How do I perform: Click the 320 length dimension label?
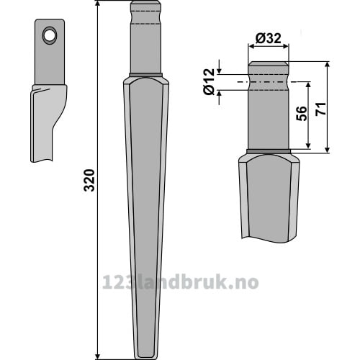pyautogui.click(x=89, y=180)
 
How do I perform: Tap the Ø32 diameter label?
pyautogui.click(x=268, y=38)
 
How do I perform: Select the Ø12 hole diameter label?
pyautogui.click(x=209, y=81)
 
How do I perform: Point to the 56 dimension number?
pyautogui.click(x=302, y=113)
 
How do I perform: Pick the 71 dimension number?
pyautogui.click(x=321, y=109)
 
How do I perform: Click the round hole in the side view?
pyautogui.click(x=50, y=35)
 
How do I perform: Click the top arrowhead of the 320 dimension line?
pyautogui.click(x=98, y=4)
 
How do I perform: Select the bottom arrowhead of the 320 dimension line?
pyautogui.click(x=98, y=356)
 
